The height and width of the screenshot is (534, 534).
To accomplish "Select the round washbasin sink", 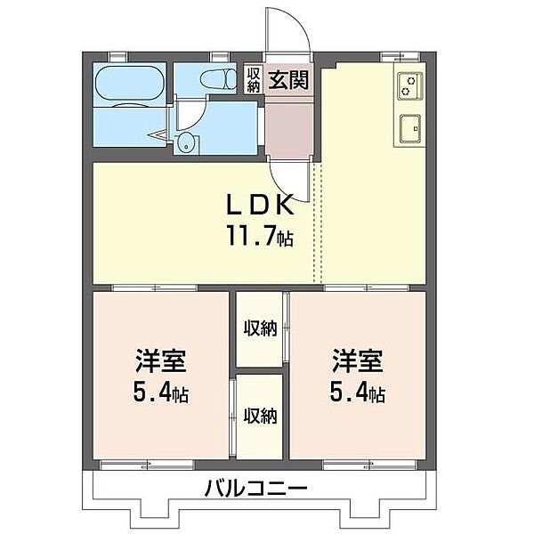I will (x=187, y=143).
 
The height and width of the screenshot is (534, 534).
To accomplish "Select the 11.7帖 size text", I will (x=258, y=237).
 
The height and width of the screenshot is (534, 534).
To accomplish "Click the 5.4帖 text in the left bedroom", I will (x=161, y=392).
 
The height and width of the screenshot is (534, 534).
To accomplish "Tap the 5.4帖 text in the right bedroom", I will (x=358, y=392).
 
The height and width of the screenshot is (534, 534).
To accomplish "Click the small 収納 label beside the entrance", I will (x=254, y=79).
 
